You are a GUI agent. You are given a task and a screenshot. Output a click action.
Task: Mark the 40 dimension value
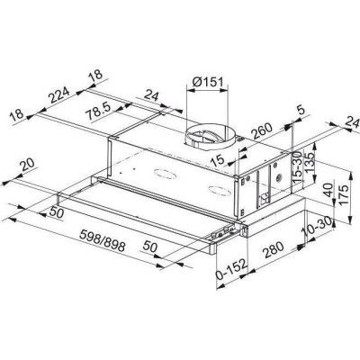[331, 191]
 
